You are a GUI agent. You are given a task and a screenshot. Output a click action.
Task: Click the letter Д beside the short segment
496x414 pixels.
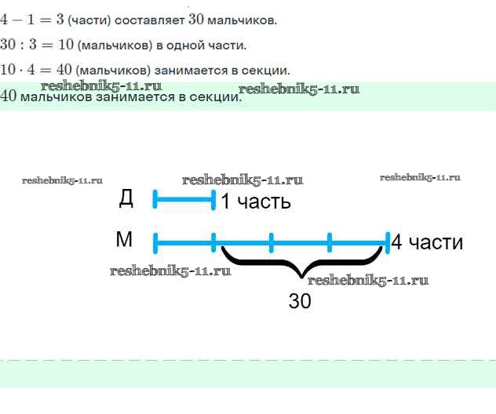click(126, 198)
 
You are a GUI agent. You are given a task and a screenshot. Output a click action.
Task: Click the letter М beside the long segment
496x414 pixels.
click(124, 240)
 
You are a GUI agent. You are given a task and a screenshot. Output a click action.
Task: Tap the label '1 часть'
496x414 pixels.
click(256, 202)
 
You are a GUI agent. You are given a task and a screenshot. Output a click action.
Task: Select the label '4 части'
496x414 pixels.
click(427, 242)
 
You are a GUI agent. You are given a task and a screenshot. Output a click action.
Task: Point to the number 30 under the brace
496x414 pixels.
click(300, 300)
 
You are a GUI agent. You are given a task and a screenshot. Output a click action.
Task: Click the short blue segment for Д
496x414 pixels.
click(184, 201)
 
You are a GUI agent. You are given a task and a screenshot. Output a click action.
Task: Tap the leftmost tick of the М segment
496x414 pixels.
click(155, 242)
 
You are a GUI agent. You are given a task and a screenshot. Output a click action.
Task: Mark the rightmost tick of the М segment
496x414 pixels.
click(388, 242)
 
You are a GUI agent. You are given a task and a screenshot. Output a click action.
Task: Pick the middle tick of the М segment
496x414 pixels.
click(272, 242)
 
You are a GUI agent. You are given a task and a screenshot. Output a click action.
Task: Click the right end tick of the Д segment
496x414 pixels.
click(213, 201)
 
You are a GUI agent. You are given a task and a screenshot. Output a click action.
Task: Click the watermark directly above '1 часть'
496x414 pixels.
click(243, 180)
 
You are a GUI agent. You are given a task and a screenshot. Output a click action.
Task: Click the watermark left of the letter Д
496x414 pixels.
click(63, 180)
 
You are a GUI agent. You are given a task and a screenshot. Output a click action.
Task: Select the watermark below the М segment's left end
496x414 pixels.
click(170, 271)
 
